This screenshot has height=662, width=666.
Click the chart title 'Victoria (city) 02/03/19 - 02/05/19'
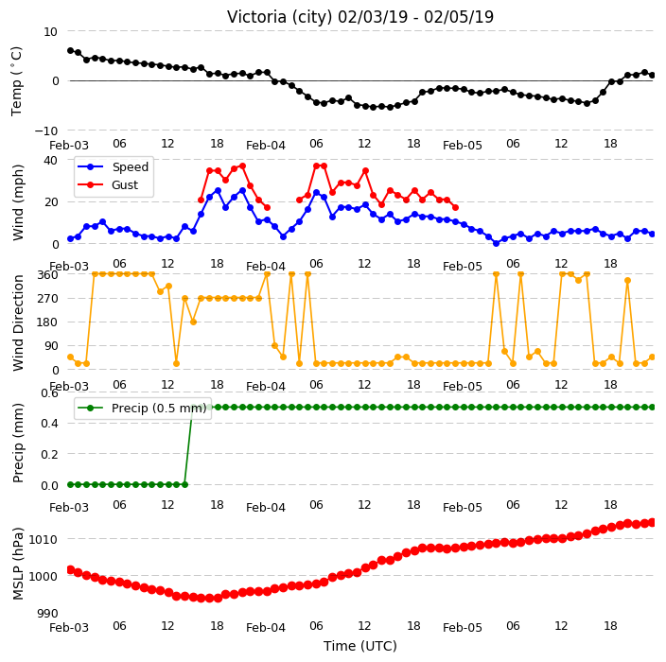tap(360, 17)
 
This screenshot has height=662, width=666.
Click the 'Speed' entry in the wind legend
tap(130, 166)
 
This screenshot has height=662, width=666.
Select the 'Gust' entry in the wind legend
tap(125, 185)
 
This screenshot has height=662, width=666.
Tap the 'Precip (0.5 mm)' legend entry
tap(159, 408)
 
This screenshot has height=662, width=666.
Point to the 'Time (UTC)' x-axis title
tap(360, 646)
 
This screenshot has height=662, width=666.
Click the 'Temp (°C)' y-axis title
tap(16, 81)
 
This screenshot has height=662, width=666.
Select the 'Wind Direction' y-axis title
tap(17, 323)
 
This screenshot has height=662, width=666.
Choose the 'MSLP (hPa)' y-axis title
tap(17, 563)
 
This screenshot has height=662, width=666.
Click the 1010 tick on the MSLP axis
tap(43, 539)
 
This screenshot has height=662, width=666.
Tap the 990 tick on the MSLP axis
tap(47, 613)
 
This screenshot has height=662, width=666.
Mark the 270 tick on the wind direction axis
tap(47, 299)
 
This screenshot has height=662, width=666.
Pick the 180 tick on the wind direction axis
tap(47, 322)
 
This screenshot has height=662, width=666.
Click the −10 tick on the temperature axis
tap(45, 131)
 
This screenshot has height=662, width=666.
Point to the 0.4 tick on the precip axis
tap(49, 424)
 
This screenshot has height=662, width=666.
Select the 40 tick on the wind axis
tap(50, 161)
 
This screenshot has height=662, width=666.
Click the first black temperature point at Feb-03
tap(71, 50)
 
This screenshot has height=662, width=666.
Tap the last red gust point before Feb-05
tap(455, 208)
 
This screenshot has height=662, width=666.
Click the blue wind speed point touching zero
tap(496, 243)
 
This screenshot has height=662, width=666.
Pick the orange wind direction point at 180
tap(193, 322)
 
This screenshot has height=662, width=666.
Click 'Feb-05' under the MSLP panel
tap(462, 628)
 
